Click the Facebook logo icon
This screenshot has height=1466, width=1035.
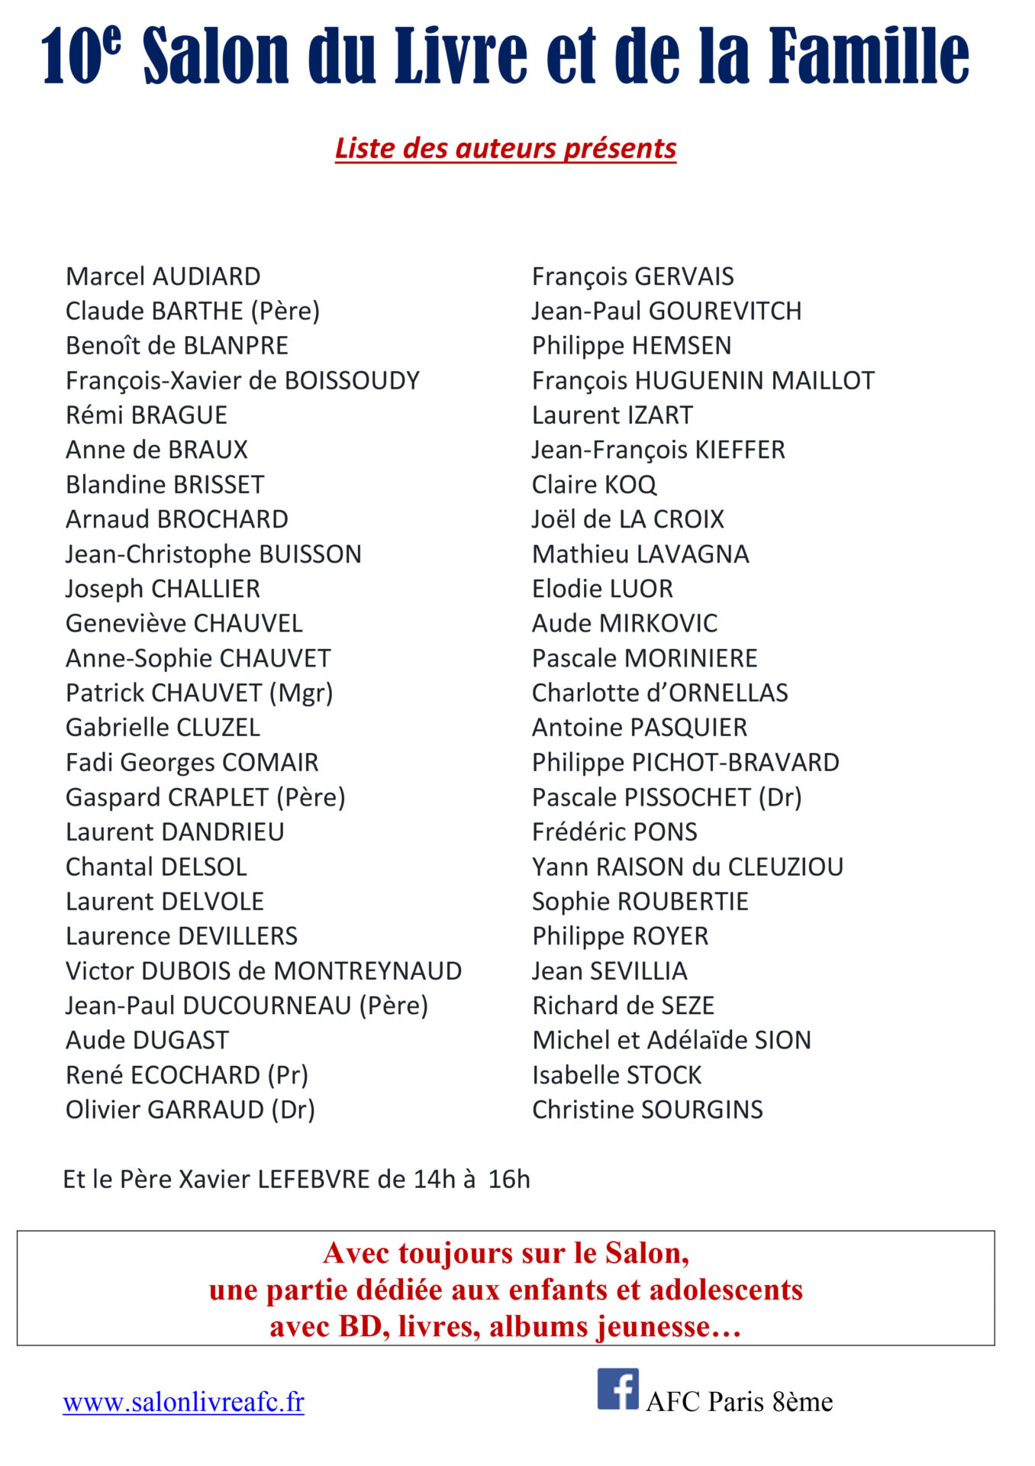[617, 1388]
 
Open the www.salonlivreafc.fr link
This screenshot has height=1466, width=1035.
[183, 1402]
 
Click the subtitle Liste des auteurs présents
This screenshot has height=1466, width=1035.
[505, 148]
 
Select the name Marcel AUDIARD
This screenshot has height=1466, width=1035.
[163, 276]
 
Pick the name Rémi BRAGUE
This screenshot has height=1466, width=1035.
[147, 415]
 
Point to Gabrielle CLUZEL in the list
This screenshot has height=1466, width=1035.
[163, 728]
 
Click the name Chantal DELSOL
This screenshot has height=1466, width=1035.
[156, 867]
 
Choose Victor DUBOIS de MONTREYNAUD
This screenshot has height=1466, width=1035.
[263, 970]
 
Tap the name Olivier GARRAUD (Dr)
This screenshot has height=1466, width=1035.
[190, 1109]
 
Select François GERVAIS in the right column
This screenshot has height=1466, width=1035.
[633, 276]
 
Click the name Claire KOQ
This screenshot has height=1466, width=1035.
[594, 485]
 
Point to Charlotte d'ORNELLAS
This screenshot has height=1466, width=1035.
[659, 693]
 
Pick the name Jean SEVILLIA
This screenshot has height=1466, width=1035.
[609, 970]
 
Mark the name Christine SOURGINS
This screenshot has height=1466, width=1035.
[647, 1109]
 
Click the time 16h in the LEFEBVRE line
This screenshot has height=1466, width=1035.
[509, 1180]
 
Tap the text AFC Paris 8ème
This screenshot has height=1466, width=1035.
[739, 1402]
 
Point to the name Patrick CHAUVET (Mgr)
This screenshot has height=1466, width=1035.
[199, 693]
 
